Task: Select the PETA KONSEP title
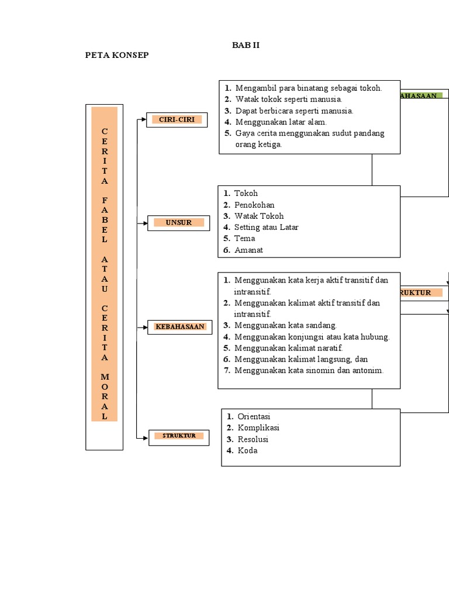coord(117,55)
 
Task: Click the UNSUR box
coord(178,223)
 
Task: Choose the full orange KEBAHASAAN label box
coord(180,326)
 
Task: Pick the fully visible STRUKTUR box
coord(179,436)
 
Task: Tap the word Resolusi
coord(253,439)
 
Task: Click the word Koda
coord(247,450)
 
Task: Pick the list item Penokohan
coord(254,205)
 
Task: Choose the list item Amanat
coord(248,250)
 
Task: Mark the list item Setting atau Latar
coord(266,227)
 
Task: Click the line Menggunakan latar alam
coord(281,122)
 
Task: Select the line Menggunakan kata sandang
coord(285,325)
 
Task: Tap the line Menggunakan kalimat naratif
coord(288,347)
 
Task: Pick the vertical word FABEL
coord(104,220)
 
